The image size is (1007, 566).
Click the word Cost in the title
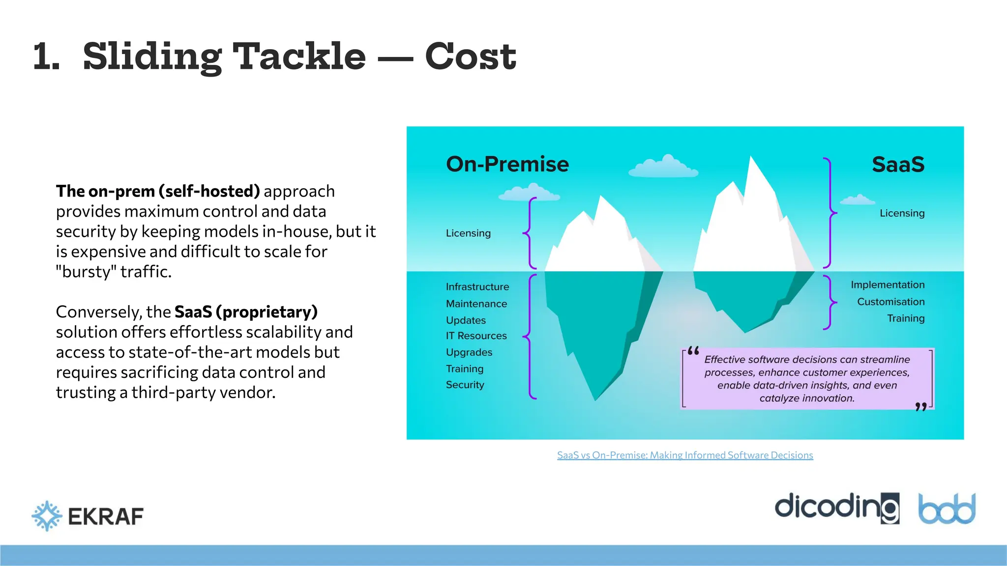point(470,57)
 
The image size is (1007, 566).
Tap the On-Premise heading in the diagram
point(507,164)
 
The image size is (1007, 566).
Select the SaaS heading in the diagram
point(898,165)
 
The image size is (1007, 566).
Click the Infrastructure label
point(477,287)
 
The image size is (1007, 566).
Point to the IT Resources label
point(476,336)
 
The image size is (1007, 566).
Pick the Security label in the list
point(465,385)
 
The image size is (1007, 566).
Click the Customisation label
point(890,302)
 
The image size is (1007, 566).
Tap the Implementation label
point(887,285)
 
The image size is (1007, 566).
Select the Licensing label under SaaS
point(902,213)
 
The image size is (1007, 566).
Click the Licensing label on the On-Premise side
point(468,233)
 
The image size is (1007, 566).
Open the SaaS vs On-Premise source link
point(684,455)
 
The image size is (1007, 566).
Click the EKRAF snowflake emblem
point(47,516)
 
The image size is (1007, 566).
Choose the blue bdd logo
point(947,509)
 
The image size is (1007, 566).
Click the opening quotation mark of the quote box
point(693,351)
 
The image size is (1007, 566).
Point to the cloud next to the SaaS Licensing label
point(857,200)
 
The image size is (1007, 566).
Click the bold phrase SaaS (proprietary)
point(246,312)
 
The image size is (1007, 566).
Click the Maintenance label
point(476,304)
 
